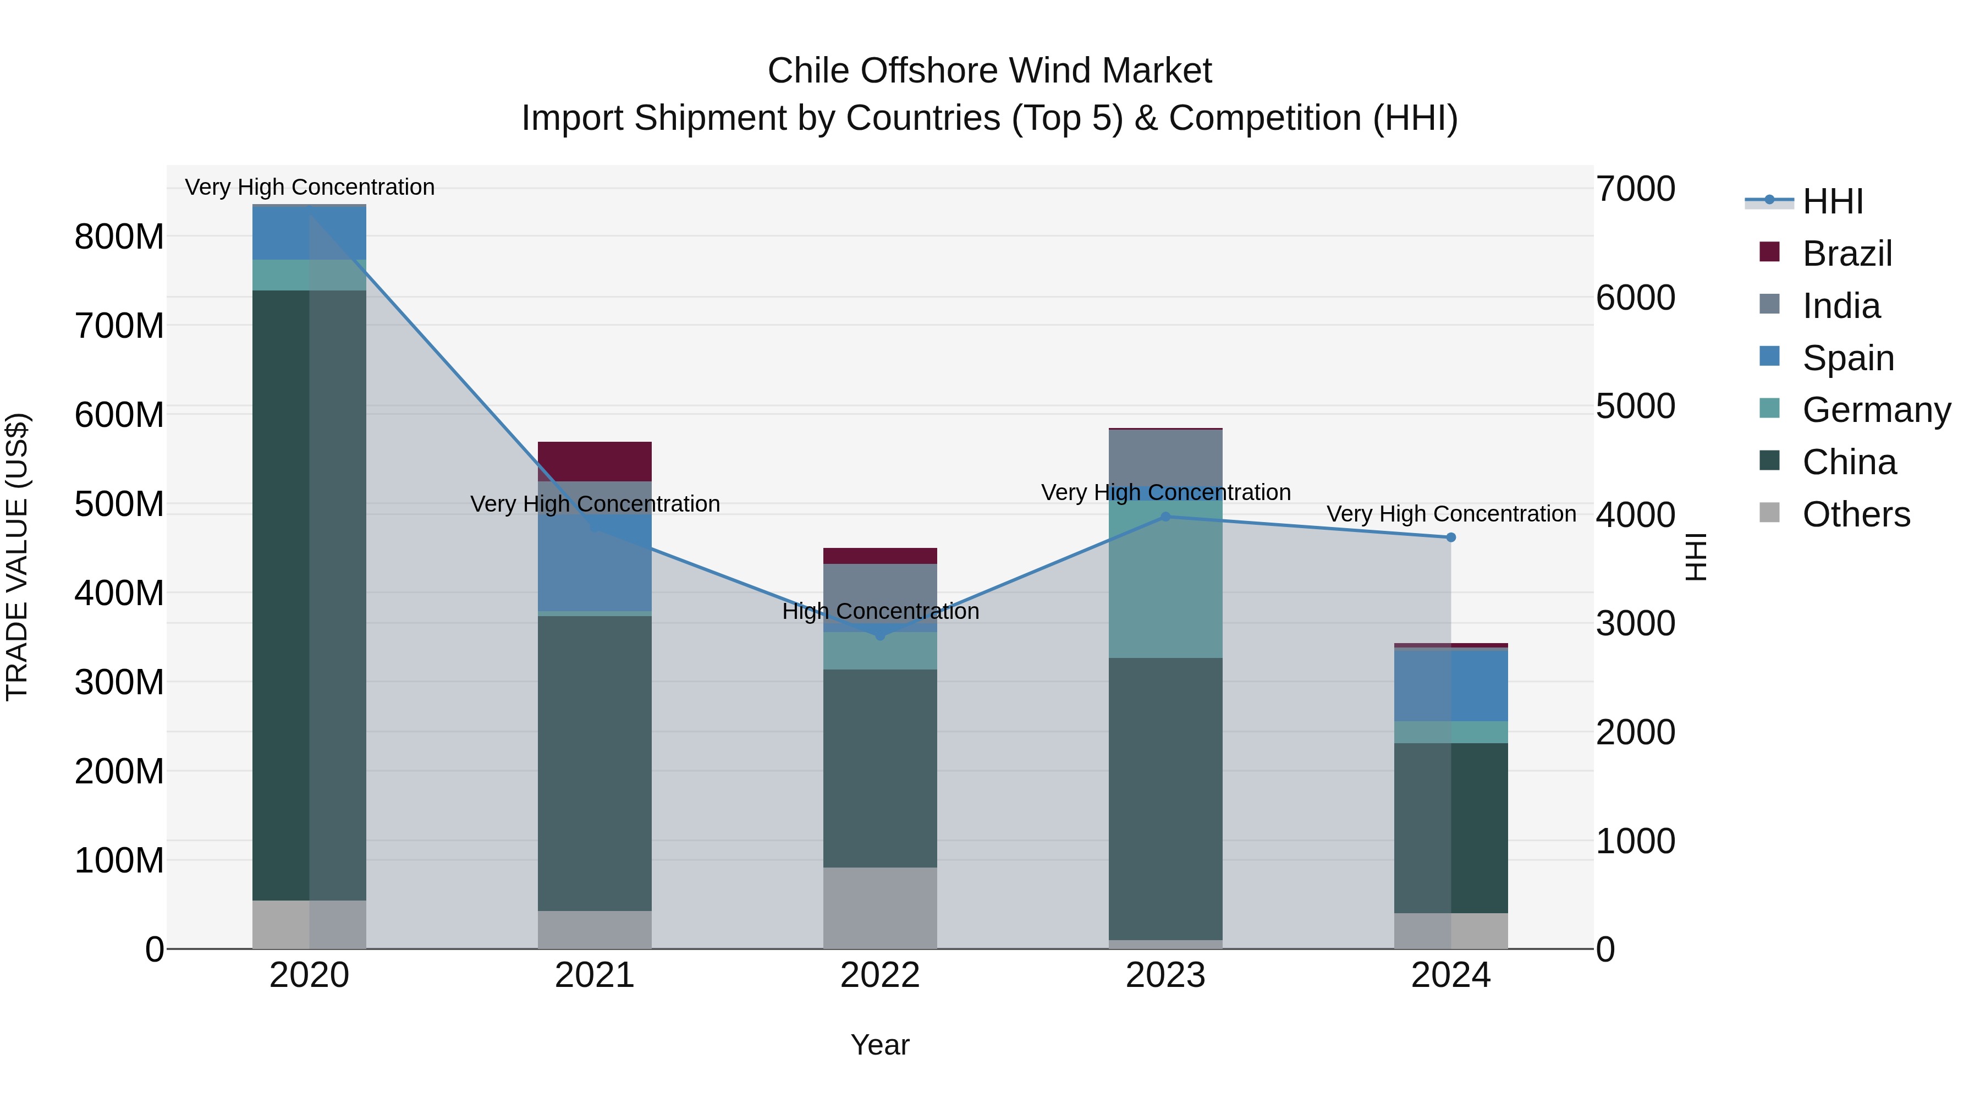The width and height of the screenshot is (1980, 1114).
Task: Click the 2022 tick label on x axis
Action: click(x=879, y=975)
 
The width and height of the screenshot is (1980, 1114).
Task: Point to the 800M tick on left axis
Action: click(x=119, y=237)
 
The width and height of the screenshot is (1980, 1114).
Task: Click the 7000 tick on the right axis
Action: click(x=1635, y=189)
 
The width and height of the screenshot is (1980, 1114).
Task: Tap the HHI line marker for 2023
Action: click(x=1165, y=517)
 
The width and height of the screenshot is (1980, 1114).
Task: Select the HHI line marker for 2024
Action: click(x=1450, y=537)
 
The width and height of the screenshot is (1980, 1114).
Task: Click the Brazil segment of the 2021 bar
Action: click(x=594, y=462)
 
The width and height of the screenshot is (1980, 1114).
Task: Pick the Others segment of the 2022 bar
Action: click(x=879, y=907)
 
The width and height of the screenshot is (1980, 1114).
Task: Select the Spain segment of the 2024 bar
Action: click(x=1450, y=685)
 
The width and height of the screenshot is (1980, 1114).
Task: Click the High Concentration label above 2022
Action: click(x=880, y=611)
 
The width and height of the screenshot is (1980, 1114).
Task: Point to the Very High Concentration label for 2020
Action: click(x=310, y=187)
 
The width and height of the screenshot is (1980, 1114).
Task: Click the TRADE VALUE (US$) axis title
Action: click(x=17, y=557)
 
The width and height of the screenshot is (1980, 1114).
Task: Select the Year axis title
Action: click(x=879, y=1045)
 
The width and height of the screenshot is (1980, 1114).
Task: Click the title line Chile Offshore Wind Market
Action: click(x=989, y=71)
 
